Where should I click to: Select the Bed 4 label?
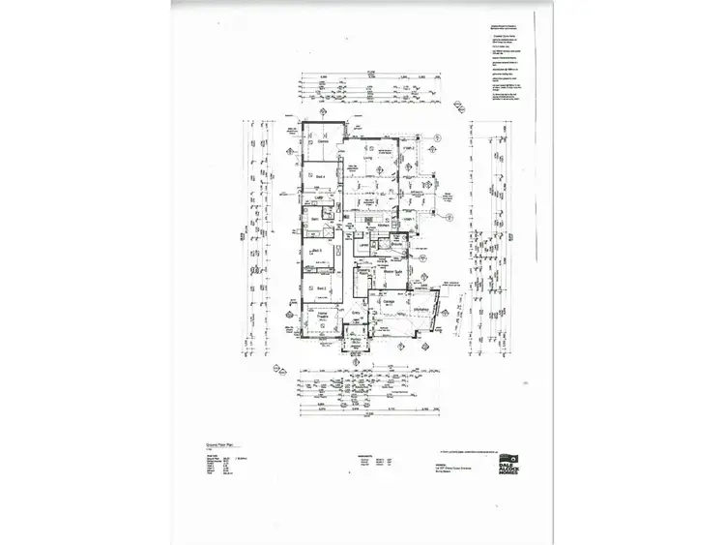click(317, 177)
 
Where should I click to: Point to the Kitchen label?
click(382, 225)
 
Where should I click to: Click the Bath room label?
click(315, 221)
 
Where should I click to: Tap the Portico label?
click(354, 339)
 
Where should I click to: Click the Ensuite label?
click(396, 245)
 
